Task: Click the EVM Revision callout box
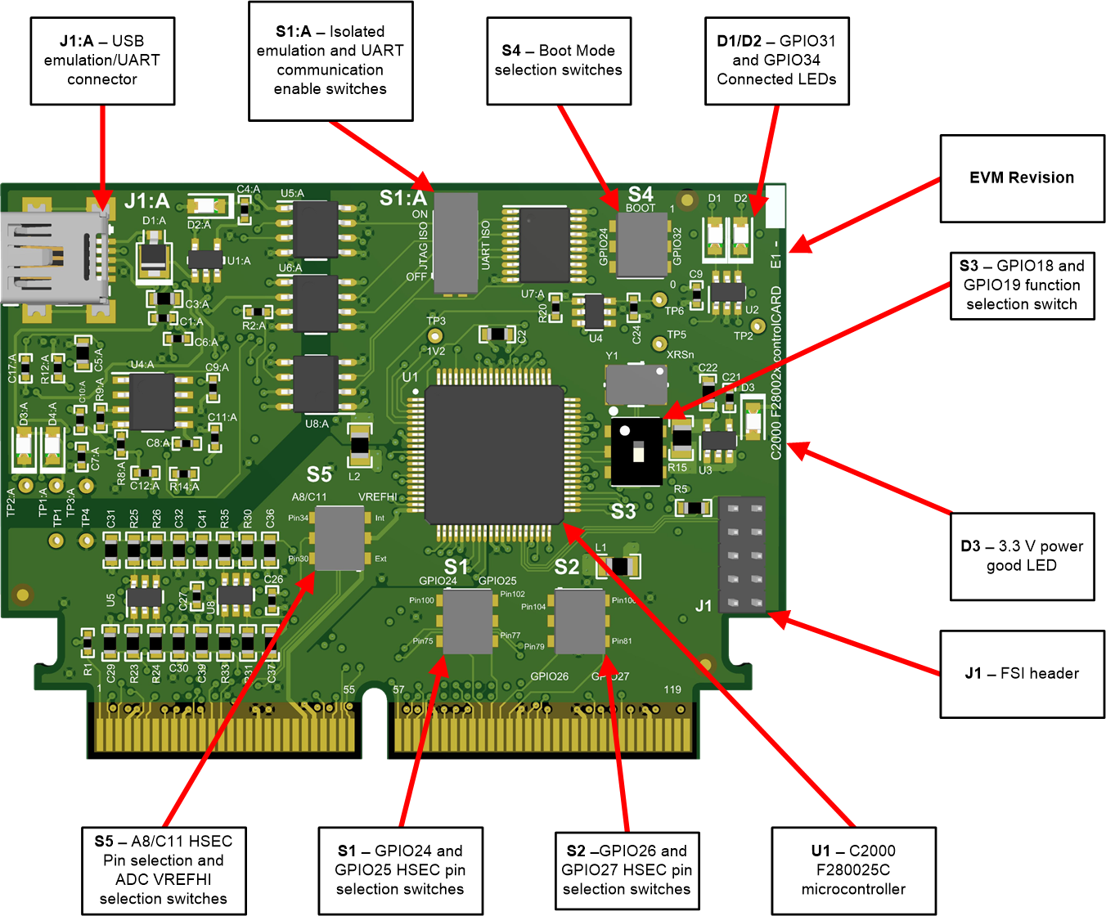1022,178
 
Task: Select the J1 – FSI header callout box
1022,674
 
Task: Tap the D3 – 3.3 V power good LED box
1022,556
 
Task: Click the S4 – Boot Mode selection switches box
559,61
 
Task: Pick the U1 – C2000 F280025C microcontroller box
853,870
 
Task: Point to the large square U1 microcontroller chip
494,454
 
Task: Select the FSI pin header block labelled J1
742,554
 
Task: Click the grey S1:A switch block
456,243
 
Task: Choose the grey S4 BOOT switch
641,245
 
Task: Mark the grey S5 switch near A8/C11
339,538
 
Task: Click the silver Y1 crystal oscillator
636,384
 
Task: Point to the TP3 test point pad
435,336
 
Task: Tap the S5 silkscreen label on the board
319,475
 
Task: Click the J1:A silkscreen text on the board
147,201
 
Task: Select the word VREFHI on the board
377,497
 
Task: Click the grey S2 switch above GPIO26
580,622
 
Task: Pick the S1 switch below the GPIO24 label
468,622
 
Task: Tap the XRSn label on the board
680,355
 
